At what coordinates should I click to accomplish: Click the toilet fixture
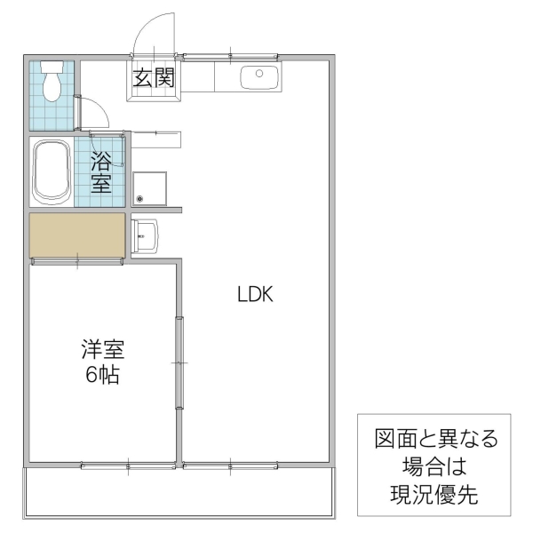[52, 81]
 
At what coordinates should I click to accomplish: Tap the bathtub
[52, 171]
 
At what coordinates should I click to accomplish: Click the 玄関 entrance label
[154, 78]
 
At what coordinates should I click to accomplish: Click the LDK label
[259, 294]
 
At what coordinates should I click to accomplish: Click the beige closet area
[76, 235]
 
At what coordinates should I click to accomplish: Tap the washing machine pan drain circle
[139, 198]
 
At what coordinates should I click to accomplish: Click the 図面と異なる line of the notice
[434, 439]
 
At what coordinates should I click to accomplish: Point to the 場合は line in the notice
[434, 466]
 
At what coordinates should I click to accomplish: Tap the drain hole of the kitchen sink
[259, 74]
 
